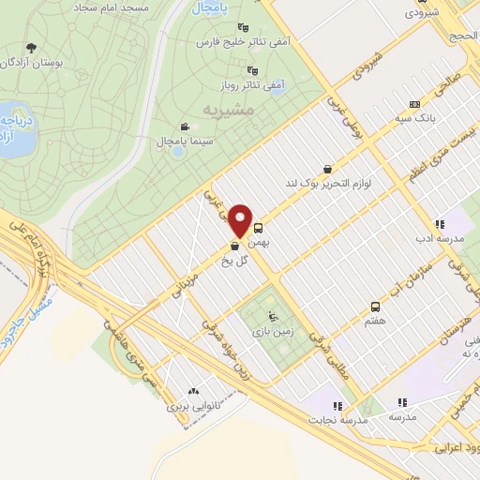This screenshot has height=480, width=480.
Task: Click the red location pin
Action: point(242,221)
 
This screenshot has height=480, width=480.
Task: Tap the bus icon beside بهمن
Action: point(259,226)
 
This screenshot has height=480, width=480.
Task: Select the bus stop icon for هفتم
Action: point(376,307)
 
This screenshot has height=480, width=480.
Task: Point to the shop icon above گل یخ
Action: point(232,247)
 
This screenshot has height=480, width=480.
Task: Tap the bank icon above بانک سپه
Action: point(413,105)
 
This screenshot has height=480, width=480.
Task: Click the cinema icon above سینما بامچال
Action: point(185,127)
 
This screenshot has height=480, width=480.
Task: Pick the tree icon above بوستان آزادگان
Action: point(32,47)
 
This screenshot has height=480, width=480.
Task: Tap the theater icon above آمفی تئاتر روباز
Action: point(251,69)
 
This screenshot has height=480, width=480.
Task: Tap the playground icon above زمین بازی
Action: point(273,316)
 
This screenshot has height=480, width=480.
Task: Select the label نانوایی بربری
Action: point(191,408)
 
